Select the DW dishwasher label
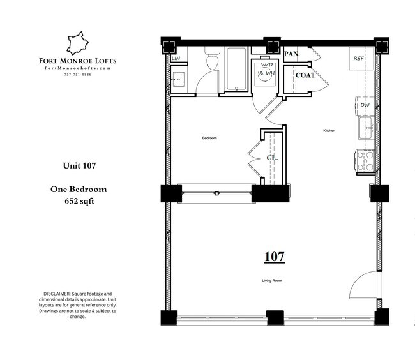coord(365,105)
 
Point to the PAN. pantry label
coord(292,54)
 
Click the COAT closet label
coord(305,75)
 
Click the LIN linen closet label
coord(176,59)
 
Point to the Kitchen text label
coord(329,131)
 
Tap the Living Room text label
coord(272,280)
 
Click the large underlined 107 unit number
coord(274,257)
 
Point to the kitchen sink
coord(366,126)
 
